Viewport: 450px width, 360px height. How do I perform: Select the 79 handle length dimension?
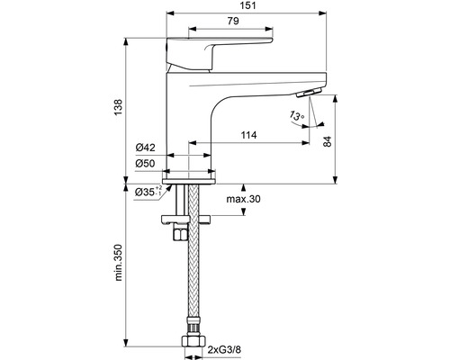pos(233,21)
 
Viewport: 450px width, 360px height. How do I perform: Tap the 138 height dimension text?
pos(119,108)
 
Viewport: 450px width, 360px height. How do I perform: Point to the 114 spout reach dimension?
pos(249,135)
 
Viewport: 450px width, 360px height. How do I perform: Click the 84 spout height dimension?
pos(328,141)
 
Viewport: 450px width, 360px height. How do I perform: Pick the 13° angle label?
pos(297,115)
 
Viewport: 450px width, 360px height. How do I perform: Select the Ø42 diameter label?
pos(145,148)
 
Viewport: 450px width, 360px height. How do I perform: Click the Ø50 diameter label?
pos(145,164)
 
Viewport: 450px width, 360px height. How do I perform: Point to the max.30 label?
pos(243,199)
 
